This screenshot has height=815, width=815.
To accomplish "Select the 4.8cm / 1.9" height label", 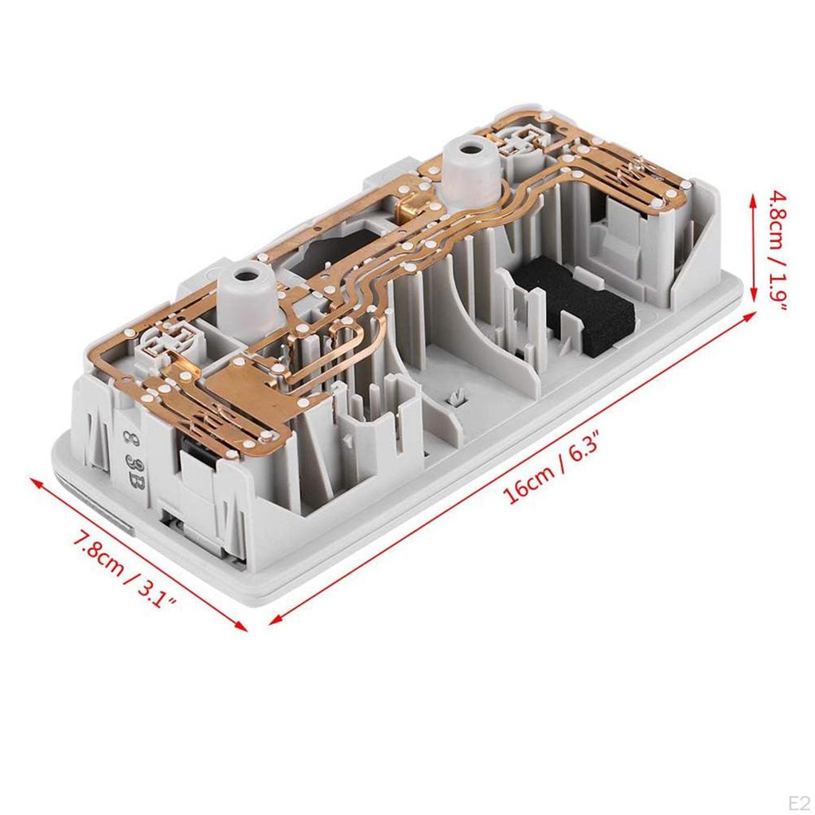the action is (778, 251).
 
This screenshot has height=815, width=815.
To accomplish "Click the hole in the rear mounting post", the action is (471, 147).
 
